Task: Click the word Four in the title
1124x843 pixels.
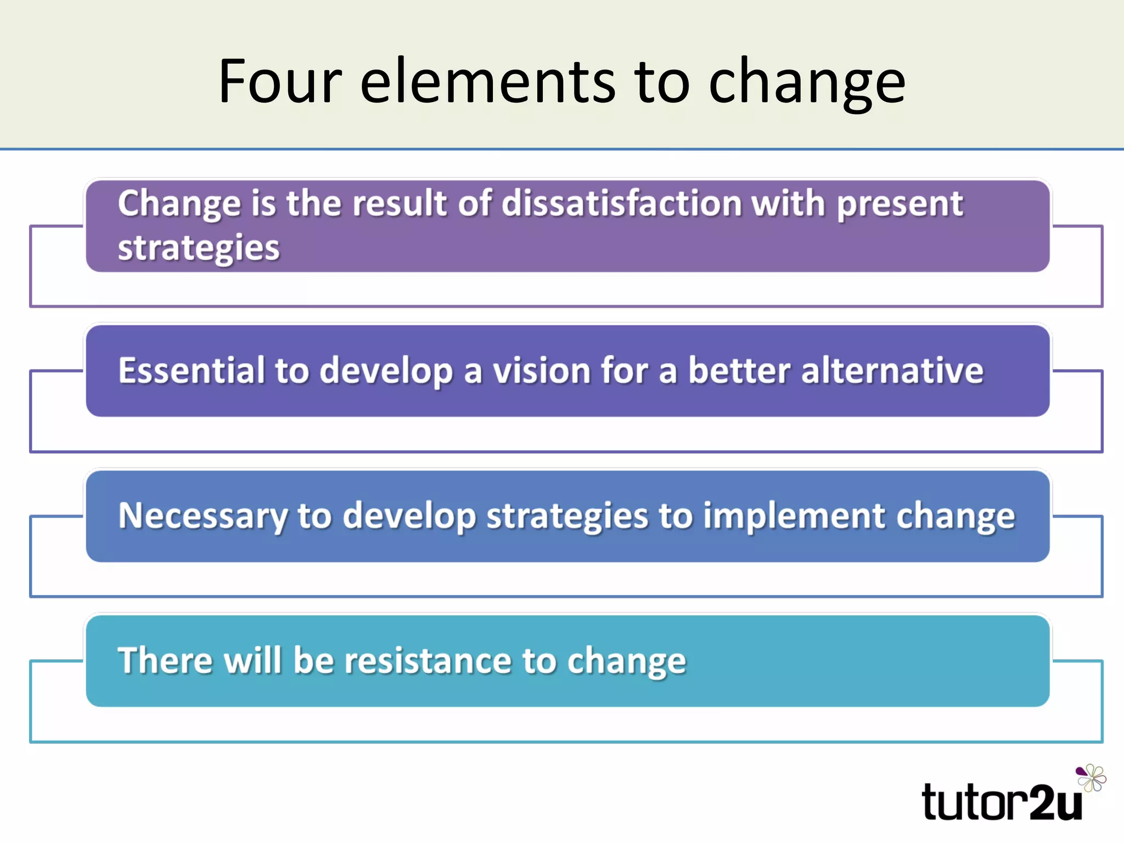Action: [x=280, y=82]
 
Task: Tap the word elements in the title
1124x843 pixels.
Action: [x=488, y=82]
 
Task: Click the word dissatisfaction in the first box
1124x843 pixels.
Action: [x=621, y=204]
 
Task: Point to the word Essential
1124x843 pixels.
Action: [x=192, y=370]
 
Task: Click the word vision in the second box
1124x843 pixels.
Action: [x=541, y=370]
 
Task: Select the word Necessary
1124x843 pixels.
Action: [x=203, y=517]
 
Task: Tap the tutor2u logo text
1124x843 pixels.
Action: [x=1002, y=803]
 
